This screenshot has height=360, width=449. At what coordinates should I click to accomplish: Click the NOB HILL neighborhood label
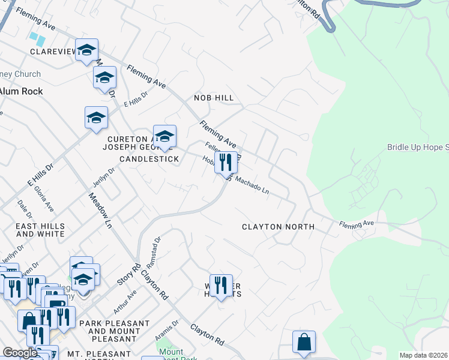[x=213, y=98]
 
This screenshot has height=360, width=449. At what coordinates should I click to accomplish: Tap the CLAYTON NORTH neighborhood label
[x=278, y=227]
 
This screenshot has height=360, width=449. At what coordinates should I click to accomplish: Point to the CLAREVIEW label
[x=53, y=52]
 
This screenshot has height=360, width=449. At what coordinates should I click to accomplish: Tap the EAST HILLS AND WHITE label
[x=40, y=230]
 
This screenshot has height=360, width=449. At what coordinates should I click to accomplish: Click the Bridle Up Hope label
[x=418, y=147]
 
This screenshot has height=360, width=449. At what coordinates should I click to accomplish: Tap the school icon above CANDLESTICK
[x=164, y=137]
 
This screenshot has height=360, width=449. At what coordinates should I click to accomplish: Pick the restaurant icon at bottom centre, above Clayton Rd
[x=221, y=285]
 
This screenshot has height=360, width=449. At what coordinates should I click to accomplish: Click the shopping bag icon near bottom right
[x=304, y=342]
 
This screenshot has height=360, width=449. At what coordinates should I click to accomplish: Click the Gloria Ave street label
[x=44, y=197]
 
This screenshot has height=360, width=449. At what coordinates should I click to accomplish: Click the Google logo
[x=19, y=353]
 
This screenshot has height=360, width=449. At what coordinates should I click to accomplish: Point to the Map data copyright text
[x=423, y=355]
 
